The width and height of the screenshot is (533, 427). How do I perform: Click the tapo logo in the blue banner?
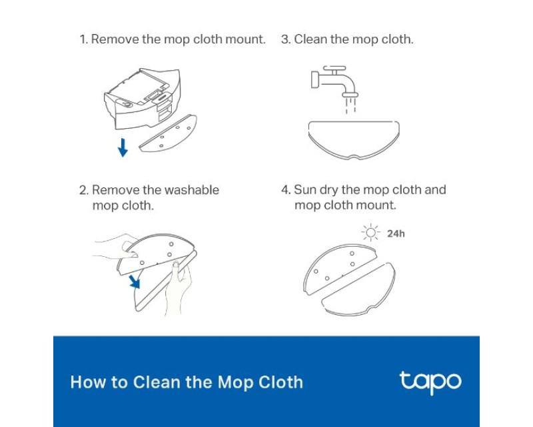click(x=430, y=382)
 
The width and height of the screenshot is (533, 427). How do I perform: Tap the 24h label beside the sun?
click(x=396, y=234)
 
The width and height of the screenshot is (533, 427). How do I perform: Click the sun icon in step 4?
click(x=371, y=233)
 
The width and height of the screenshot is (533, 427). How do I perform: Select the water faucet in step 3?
click(x=334, y=81)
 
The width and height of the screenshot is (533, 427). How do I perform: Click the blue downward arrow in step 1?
click(x=123, y=147)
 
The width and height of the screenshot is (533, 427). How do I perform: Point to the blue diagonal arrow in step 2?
click(x=135, y=282)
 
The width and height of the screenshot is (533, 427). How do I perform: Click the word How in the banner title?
click(x=84, y=382)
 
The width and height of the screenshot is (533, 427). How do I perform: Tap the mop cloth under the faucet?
click(x=354, y=139)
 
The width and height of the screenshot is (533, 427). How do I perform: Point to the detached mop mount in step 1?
click(x=168, y=133)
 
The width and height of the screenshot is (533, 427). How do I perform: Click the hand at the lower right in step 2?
click(x=178, y=288)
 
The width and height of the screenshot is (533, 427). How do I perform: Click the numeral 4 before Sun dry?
click(x=286, y=190)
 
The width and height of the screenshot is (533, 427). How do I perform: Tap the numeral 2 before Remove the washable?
click(x=83, y=190)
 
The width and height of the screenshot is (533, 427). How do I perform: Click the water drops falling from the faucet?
click(x=350, y=105)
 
